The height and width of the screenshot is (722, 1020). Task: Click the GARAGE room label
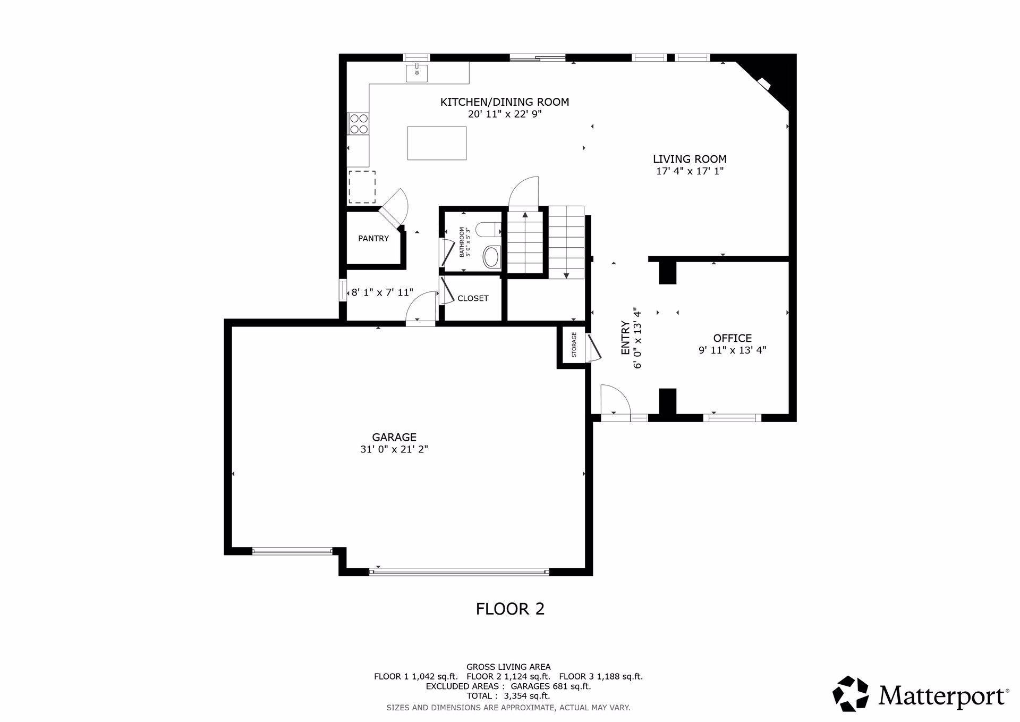394,437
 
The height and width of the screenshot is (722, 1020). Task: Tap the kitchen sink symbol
417,73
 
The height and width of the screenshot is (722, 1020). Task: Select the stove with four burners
359,123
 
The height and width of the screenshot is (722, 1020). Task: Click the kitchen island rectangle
437,143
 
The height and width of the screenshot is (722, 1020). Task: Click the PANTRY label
373,238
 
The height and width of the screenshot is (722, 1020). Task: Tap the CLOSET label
473,298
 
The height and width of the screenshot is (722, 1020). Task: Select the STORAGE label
574,345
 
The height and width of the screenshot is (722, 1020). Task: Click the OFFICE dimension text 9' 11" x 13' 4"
732,350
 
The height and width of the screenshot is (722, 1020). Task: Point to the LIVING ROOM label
690,159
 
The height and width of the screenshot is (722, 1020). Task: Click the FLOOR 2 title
510,609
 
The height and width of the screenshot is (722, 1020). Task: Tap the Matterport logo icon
851,694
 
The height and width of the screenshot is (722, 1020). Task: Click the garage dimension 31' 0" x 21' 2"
394,449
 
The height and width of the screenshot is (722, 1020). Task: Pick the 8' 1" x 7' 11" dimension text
382,292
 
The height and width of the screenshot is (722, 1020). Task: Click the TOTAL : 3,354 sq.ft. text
508,696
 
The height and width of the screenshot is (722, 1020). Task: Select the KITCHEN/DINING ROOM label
505,102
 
